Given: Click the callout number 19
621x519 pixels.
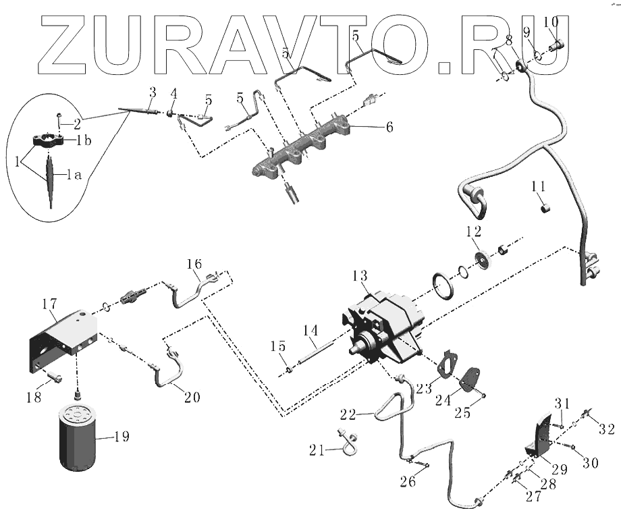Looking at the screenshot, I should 121,437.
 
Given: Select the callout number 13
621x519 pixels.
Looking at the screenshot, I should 360,276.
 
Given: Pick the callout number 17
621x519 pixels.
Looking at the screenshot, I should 50,304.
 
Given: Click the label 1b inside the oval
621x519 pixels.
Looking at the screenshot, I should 84,140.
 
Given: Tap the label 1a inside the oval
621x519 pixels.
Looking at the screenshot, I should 74,175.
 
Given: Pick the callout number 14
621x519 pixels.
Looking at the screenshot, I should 309,331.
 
